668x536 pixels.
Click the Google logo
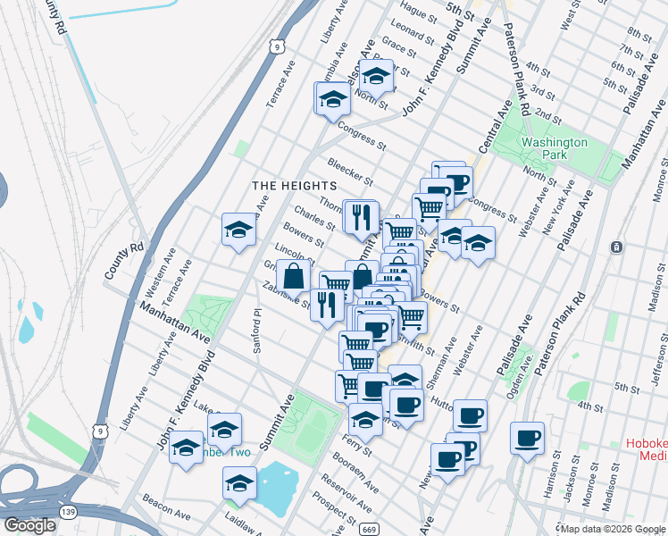coord(29,525)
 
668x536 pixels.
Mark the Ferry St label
coord(356,444)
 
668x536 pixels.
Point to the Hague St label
coord(417,12)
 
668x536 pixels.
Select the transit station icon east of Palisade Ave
coord(615,247)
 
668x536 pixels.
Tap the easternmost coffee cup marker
coord(527,437)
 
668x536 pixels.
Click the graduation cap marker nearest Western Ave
coord(238,230)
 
